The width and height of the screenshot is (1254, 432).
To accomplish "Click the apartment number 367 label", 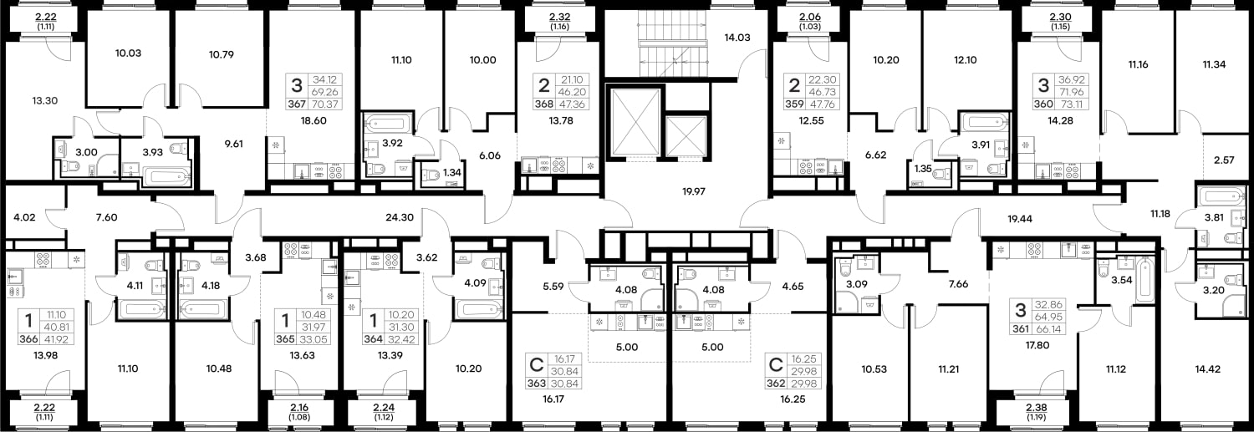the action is coord(297,104).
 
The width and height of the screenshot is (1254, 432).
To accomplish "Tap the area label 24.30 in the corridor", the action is coord(400,217).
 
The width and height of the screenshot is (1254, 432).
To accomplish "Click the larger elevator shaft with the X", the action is coord(636,123).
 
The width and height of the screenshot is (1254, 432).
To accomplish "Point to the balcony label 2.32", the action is coord(559,17).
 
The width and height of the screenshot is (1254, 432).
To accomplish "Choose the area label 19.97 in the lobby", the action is coord(694,191).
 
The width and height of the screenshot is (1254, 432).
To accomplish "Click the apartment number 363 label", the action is coord(537,384).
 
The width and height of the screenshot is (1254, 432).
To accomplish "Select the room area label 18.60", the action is coord(313,120).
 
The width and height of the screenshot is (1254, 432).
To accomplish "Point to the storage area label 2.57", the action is coord(1225,160).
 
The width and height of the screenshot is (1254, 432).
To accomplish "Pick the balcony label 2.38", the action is coord(1037,408).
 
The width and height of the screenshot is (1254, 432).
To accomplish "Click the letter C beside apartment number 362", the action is coord(775,365).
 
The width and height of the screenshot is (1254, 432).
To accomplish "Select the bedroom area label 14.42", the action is coord(1207,369).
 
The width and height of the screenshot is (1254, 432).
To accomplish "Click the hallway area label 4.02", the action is coord(24,217).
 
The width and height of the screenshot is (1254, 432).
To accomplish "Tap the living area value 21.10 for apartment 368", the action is coord(571,80).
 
